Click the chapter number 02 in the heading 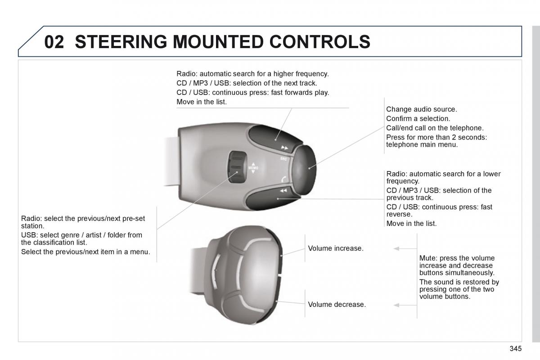(54, 42)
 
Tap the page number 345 (516, 349)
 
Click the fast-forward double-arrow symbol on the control (284, 148)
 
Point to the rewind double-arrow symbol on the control (283, 191)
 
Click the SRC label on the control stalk (283, 158)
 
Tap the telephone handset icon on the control (283, 179)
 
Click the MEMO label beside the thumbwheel (252, 168)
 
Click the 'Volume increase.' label (335, 248)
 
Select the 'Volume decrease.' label (337, 305)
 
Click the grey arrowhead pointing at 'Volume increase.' (396, 248)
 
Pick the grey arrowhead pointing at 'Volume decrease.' (396, 305)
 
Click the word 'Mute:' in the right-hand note (428, 258)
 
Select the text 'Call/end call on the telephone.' (435, 128)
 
